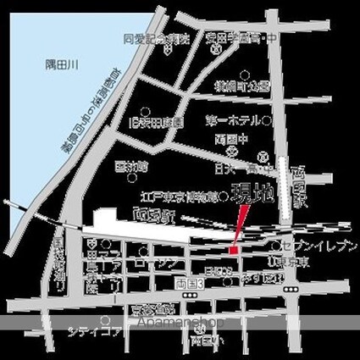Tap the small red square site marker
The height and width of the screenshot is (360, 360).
[235, 248]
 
